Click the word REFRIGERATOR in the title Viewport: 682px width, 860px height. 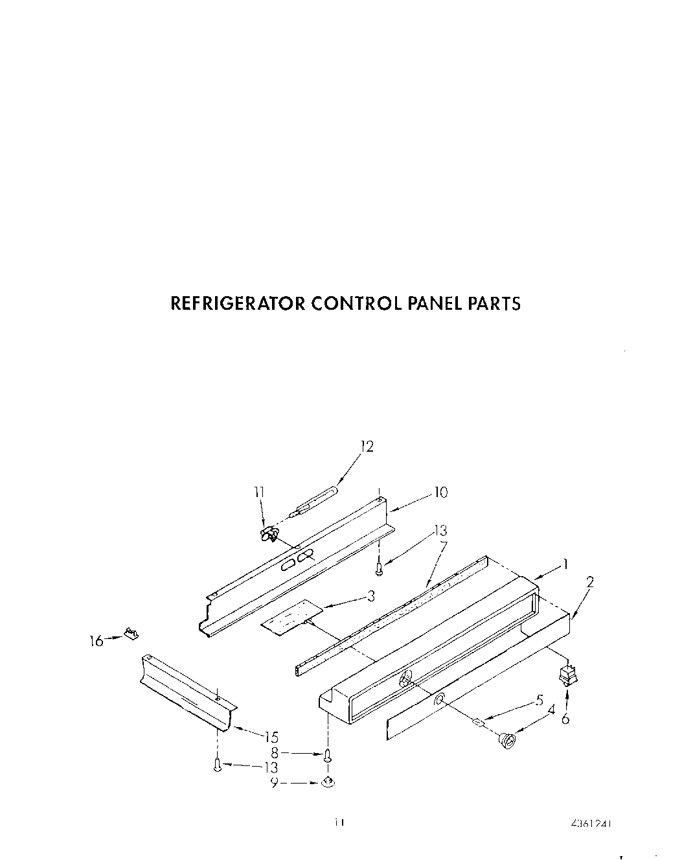click(237, 303)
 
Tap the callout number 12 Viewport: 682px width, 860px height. click(367, 447)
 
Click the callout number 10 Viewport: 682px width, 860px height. click(440, 493)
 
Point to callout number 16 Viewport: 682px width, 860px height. click(96, 641)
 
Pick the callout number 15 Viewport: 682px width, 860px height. click(271, 736)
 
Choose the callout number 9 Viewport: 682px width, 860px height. click(275, 783)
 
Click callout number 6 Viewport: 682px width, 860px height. click(565, 719)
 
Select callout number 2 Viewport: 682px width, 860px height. click(589, 582)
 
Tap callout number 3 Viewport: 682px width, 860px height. click(370, 596)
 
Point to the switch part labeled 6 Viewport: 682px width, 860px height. click(568, 677)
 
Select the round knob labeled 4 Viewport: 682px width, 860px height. click(507, 739)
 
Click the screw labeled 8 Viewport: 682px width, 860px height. click(328, 756)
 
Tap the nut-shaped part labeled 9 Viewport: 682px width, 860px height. click(329, 783)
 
